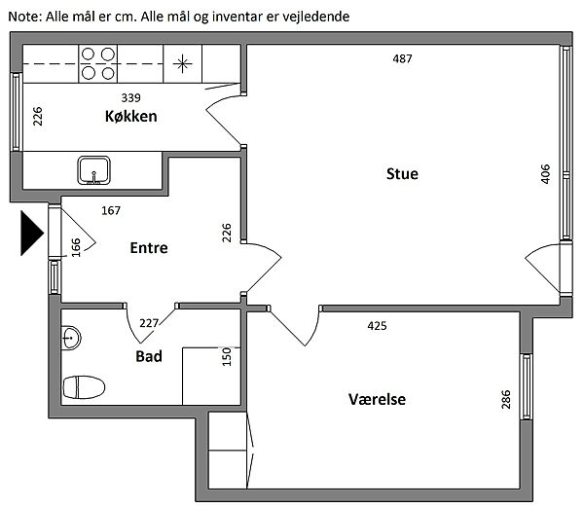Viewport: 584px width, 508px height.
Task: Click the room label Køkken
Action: click(131, 117)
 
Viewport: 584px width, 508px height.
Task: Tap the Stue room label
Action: click(402, 174)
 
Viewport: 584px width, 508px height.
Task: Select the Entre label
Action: click(149, 248)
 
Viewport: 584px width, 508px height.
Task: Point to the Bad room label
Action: click(149, 356)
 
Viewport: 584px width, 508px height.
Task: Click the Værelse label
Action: click(377, 400)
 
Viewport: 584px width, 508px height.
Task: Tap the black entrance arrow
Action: click(31, 235)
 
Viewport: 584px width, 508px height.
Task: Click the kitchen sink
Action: click(94, 170)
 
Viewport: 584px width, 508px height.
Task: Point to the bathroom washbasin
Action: click(70, 339)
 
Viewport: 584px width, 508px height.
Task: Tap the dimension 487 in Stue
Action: click(402, 58)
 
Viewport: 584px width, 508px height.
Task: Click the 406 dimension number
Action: click(545, 174)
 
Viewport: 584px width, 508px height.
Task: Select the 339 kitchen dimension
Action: click(131, 97)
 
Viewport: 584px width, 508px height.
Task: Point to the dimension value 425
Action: click(377, 325)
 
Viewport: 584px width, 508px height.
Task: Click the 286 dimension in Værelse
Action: click(506, 400)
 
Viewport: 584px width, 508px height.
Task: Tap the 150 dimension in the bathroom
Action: click(227, 356)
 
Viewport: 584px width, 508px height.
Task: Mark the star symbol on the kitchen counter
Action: click(182, 64)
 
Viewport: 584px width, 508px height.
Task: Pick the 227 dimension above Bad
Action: click(149, 324)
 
